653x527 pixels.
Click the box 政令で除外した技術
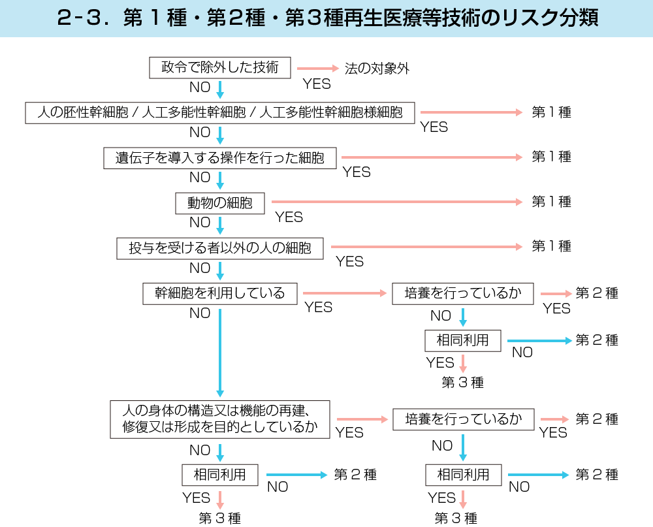220,68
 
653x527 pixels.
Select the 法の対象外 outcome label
377,69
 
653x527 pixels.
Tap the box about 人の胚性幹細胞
220,112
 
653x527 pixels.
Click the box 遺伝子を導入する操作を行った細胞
220,158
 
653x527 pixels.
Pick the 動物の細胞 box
220,203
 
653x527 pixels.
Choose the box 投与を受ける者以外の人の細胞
220,248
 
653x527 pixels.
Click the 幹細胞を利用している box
220,293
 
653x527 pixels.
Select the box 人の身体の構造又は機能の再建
220,419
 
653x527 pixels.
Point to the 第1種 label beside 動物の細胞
551,202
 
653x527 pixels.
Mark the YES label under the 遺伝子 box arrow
357,172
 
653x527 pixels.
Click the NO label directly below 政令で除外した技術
200,88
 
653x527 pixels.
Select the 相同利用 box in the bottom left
220,475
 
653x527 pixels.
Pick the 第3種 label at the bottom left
220,519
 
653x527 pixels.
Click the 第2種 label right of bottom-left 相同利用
355,475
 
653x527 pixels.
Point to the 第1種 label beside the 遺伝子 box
551,157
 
